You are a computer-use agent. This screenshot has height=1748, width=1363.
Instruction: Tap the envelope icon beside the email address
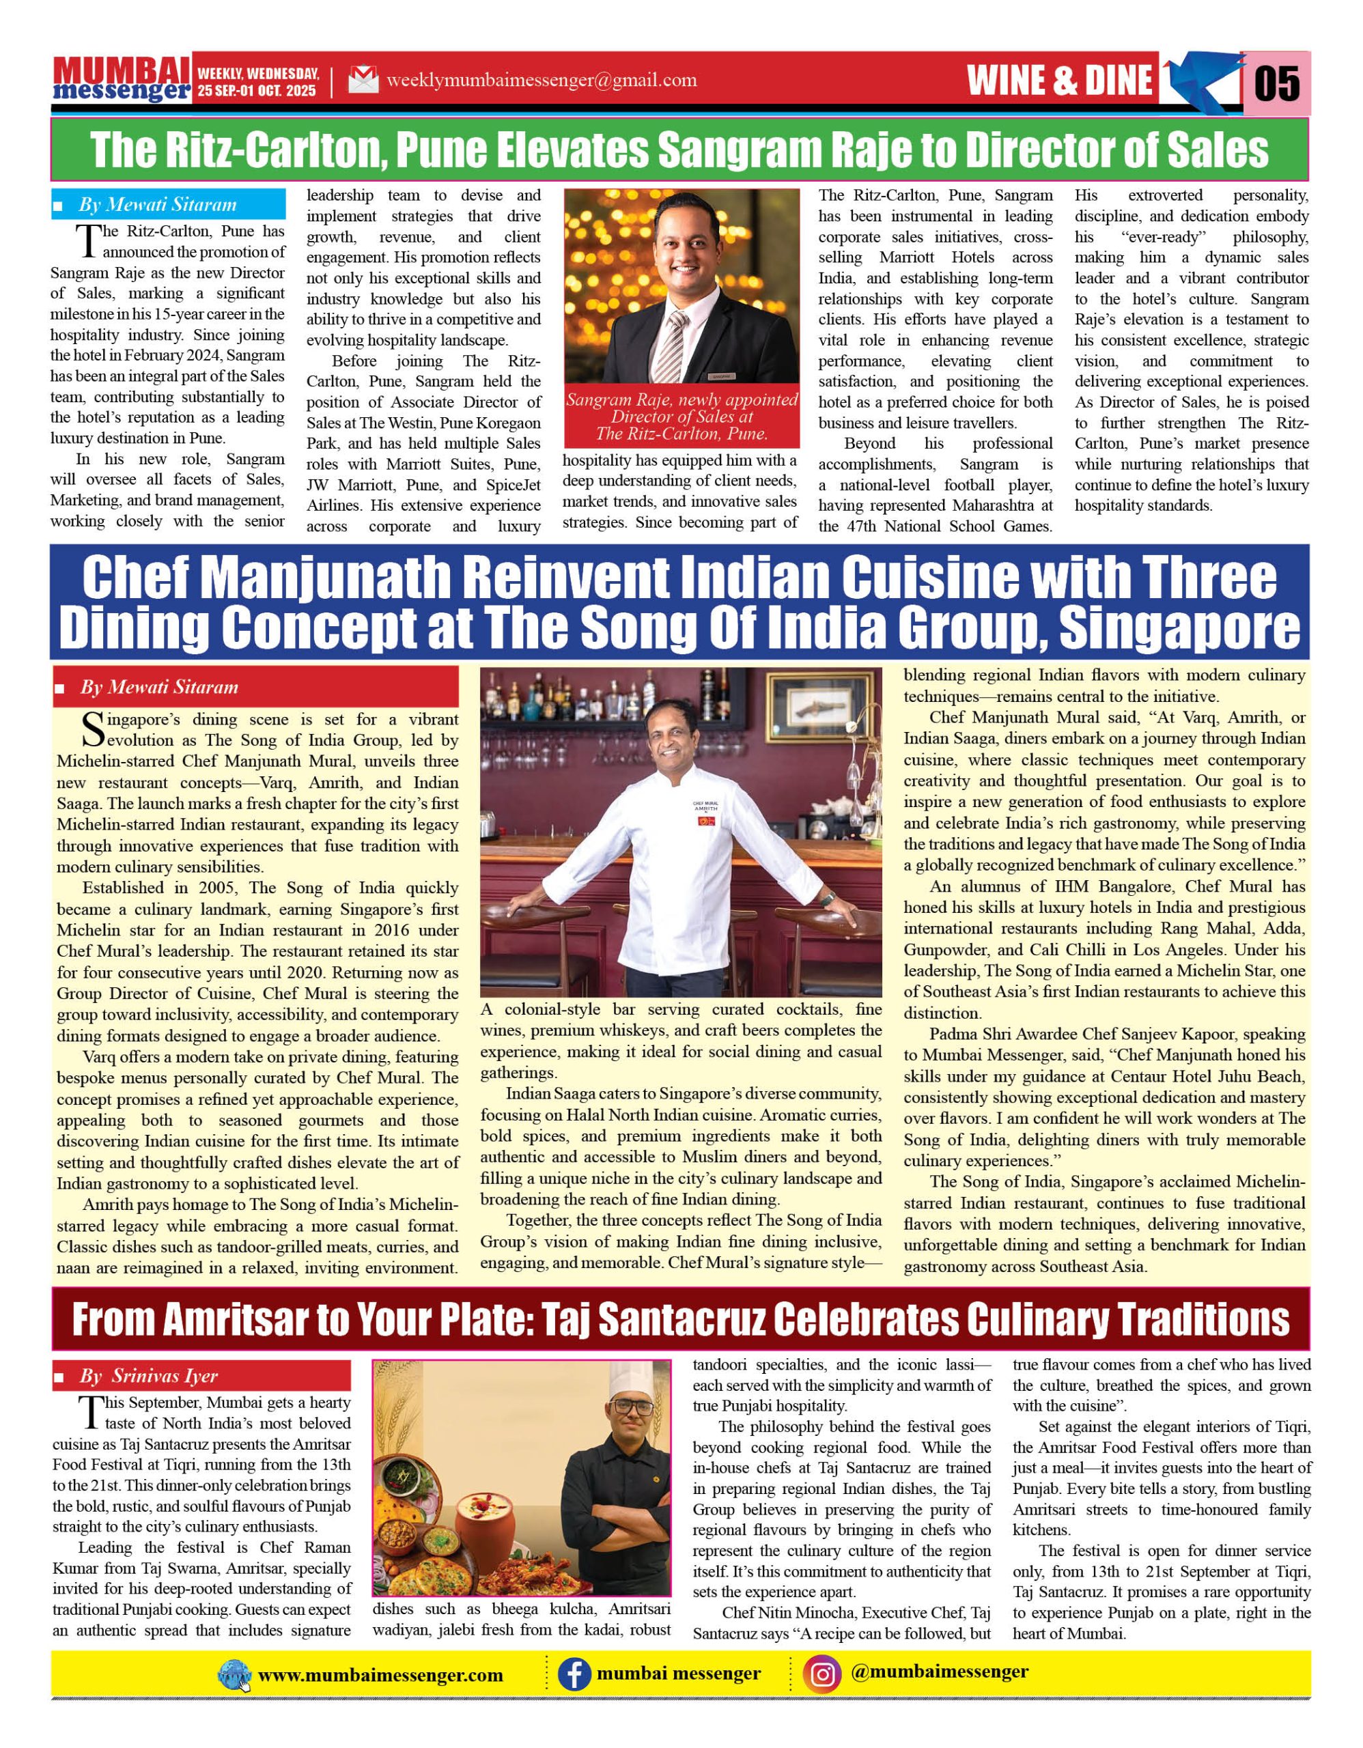(363, 80)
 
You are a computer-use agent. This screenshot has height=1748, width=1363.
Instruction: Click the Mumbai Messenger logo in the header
(122, 79)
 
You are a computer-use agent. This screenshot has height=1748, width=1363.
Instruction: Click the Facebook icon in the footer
(574, 1674)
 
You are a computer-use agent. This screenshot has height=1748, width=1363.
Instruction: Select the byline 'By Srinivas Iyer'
(148, 1376)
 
